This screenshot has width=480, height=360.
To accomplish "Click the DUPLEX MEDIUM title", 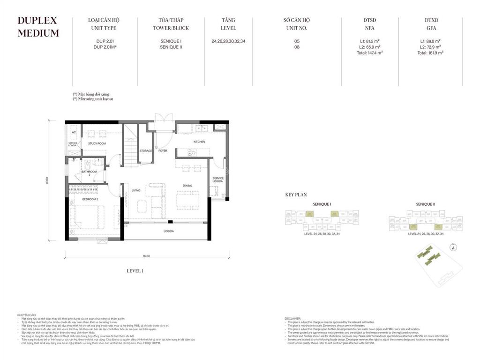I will click(38, 27).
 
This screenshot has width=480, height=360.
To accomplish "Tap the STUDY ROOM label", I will click(97, 143).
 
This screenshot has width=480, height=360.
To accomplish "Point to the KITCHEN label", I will click(200, 142).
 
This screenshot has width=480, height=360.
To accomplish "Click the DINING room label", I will click(187, 186).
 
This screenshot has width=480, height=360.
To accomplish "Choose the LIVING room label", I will click(136, 190).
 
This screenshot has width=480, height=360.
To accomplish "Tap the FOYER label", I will click(163, 151).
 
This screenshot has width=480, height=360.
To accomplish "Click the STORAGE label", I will click(146, 151).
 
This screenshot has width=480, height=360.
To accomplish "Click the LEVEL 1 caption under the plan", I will click(135, 271).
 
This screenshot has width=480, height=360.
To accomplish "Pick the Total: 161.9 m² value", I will click(430, 53).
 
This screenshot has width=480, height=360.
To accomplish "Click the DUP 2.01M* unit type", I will click(105, 47).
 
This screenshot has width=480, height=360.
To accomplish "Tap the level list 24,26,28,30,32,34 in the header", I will click(228, 41).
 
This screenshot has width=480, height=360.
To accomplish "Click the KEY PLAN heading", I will click(296, 195).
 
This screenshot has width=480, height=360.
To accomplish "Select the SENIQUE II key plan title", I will click(425, 204).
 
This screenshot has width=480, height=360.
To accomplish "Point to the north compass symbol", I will click(453, 247).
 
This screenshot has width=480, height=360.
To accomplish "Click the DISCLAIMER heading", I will click(293, 318).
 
